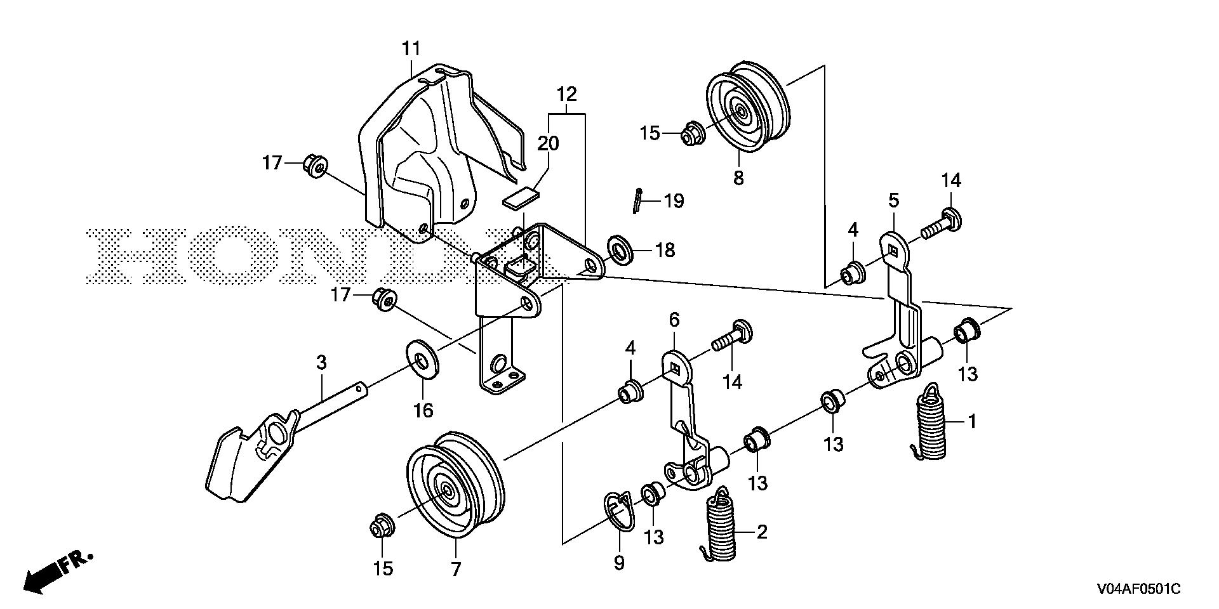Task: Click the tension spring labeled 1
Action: (x=931, y=424)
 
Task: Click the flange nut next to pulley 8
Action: (x=689, y=134)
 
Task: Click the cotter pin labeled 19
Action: (x=637, y=202)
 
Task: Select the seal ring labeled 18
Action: (x=620, y=250)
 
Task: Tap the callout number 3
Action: (x=322, y=363)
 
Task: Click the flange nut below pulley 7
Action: (x=382, y=527)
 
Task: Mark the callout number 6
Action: (x=674, y=319)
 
